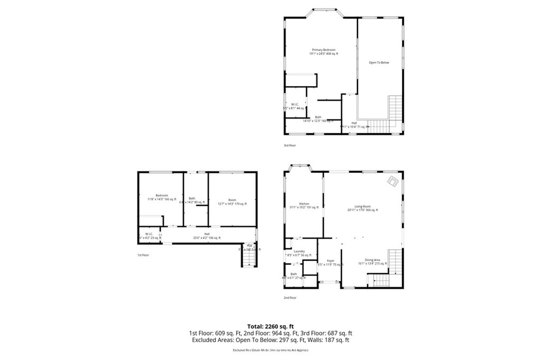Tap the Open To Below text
point(378,63)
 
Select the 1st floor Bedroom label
point(161,197)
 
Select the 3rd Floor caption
point(290,145)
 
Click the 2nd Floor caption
point(290,298)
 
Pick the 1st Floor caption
point(143,255)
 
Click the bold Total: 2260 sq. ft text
point(270,326)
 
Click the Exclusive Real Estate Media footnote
point(270,350)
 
